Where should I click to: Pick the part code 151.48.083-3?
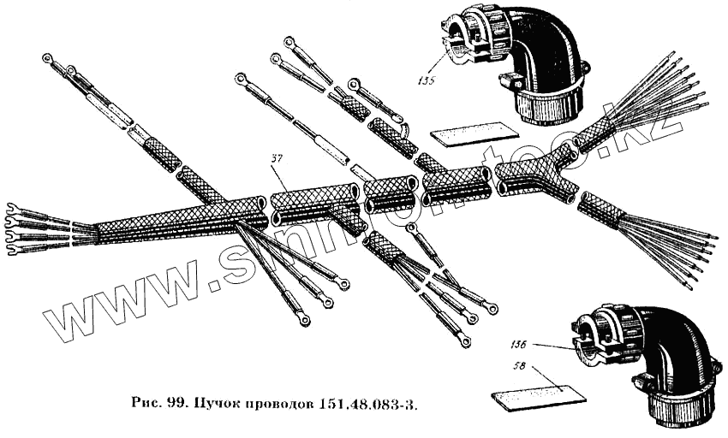[370, 402]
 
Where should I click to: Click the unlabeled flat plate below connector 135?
[474, 132]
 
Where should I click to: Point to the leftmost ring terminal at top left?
[47, 58]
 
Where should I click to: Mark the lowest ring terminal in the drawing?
[464, 341]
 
